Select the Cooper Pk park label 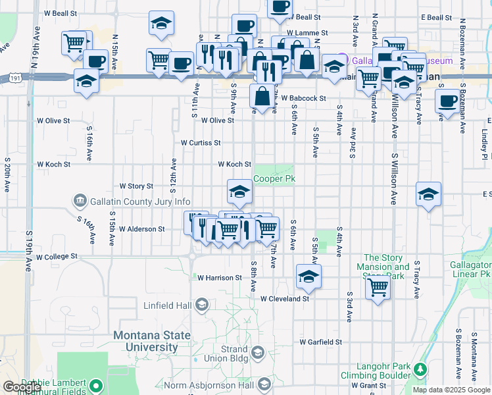(x=275, y=178)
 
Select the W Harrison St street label (x=220, y=278)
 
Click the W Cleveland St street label (x=284, y=298)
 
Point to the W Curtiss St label (x=201, y=142)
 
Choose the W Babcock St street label (x=303, y=98)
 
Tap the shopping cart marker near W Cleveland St (x=378, y=287)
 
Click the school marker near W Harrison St (x=308, y=276)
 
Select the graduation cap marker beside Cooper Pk (x=239, y=192)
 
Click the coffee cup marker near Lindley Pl (x=447, y=102)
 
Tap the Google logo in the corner (x=22, y=387)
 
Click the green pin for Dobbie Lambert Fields (x=97, y=385)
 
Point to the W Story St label (x=135, y=186)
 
